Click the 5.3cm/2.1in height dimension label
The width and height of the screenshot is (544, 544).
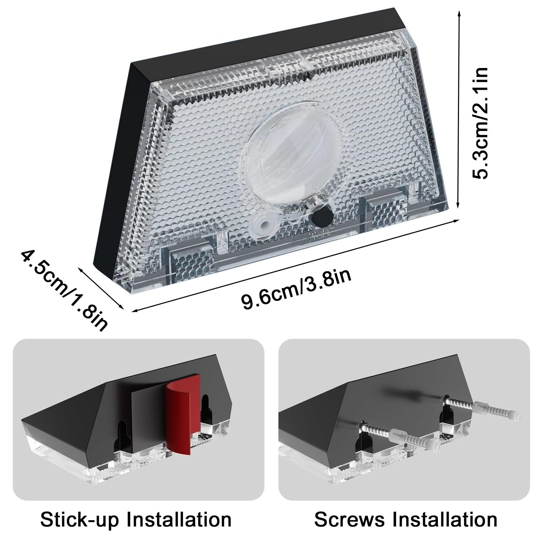pos(480,123)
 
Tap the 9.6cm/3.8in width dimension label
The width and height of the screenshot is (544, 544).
pos(296,289)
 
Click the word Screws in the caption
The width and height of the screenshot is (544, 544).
pos(350,519)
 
